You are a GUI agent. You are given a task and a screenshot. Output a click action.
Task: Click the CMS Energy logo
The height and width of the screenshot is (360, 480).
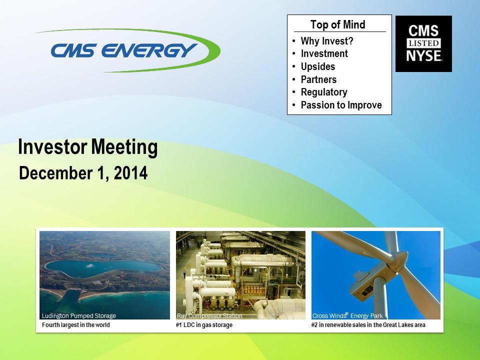(x=128, y=50)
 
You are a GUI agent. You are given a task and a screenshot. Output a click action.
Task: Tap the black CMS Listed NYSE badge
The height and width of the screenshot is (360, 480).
(x=423, y=44)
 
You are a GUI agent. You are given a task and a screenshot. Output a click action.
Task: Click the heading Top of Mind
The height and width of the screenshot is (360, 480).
(x=338, y=24)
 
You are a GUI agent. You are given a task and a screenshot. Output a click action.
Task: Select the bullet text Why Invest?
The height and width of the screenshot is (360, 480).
(x=327, y=41)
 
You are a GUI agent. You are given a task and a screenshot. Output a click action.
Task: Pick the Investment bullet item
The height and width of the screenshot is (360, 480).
(x=324, y=53)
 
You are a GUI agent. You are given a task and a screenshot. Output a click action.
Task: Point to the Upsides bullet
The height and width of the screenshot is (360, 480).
(x=318, y=66)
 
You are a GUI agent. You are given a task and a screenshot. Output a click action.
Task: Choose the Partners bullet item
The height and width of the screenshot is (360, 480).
(x=318, y=79)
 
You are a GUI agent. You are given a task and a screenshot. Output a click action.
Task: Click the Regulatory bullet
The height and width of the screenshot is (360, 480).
(x=324, y=92)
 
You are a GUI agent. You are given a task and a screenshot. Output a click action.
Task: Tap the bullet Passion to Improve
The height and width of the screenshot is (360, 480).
(x=341, y=105)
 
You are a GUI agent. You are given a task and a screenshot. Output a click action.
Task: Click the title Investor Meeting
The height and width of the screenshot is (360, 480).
(x=88, y=147)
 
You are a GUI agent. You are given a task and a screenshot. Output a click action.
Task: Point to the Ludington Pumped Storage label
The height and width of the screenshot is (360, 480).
(x=78, y=315)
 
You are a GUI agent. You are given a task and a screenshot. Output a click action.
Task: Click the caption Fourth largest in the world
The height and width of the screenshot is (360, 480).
(x=75, y=325)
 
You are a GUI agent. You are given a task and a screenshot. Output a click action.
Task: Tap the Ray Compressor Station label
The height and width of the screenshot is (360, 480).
(x=209, y=315)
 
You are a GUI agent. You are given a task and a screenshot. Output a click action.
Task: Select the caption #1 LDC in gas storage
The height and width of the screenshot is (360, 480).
(x=204, y=325)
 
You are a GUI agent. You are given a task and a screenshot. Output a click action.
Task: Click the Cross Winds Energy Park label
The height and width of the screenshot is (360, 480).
(x=347, y=315)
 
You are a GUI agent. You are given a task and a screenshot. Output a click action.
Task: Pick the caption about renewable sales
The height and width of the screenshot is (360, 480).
(x=368, y=325)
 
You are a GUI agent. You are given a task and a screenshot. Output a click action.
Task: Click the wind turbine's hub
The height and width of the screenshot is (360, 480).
(x=396, y=261)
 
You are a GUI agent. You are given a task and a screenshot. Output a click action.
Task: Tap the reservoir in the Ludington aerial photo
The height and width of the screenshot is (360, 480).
(x=103, y=268)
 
